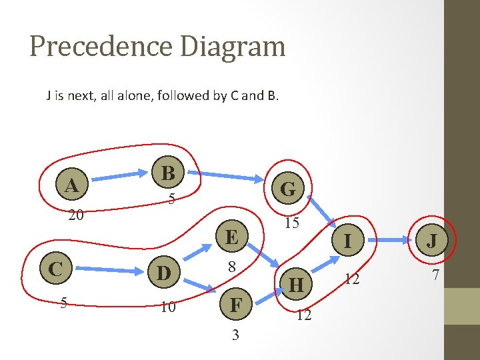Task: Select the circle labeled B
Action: click(x=168, y=173)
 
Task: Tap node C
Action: click(x=56, y=269)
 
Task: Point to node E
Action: click(x=232, y=237)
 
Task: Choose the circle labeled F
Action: click(x=235, y=305)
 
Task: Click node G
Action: click(x=288, y=189)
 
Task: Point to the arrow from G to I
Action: click(x=323, y=213)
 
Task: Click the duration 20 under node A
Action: click(x=76, y=215)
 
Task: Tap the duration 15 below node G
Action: click(x=291, y=223)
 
